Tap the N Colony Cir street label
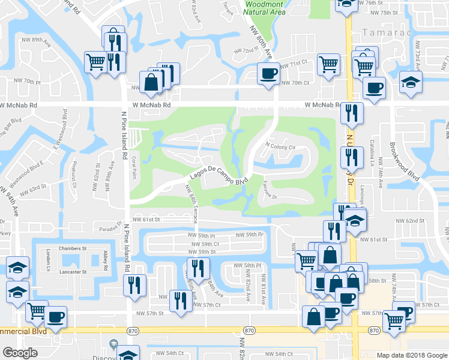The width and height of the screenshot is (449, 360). [x=281, y=146]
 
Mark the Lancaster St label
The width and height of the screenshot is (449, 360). [x=73, y=272]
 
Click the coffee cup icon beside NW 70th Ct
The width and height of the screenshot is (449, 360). [x=268, y=74]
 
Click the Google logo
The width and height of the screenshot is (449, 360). [x=20, y=353]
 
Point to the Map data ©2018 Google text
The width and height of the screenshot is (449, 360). [x=412, y=355]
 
